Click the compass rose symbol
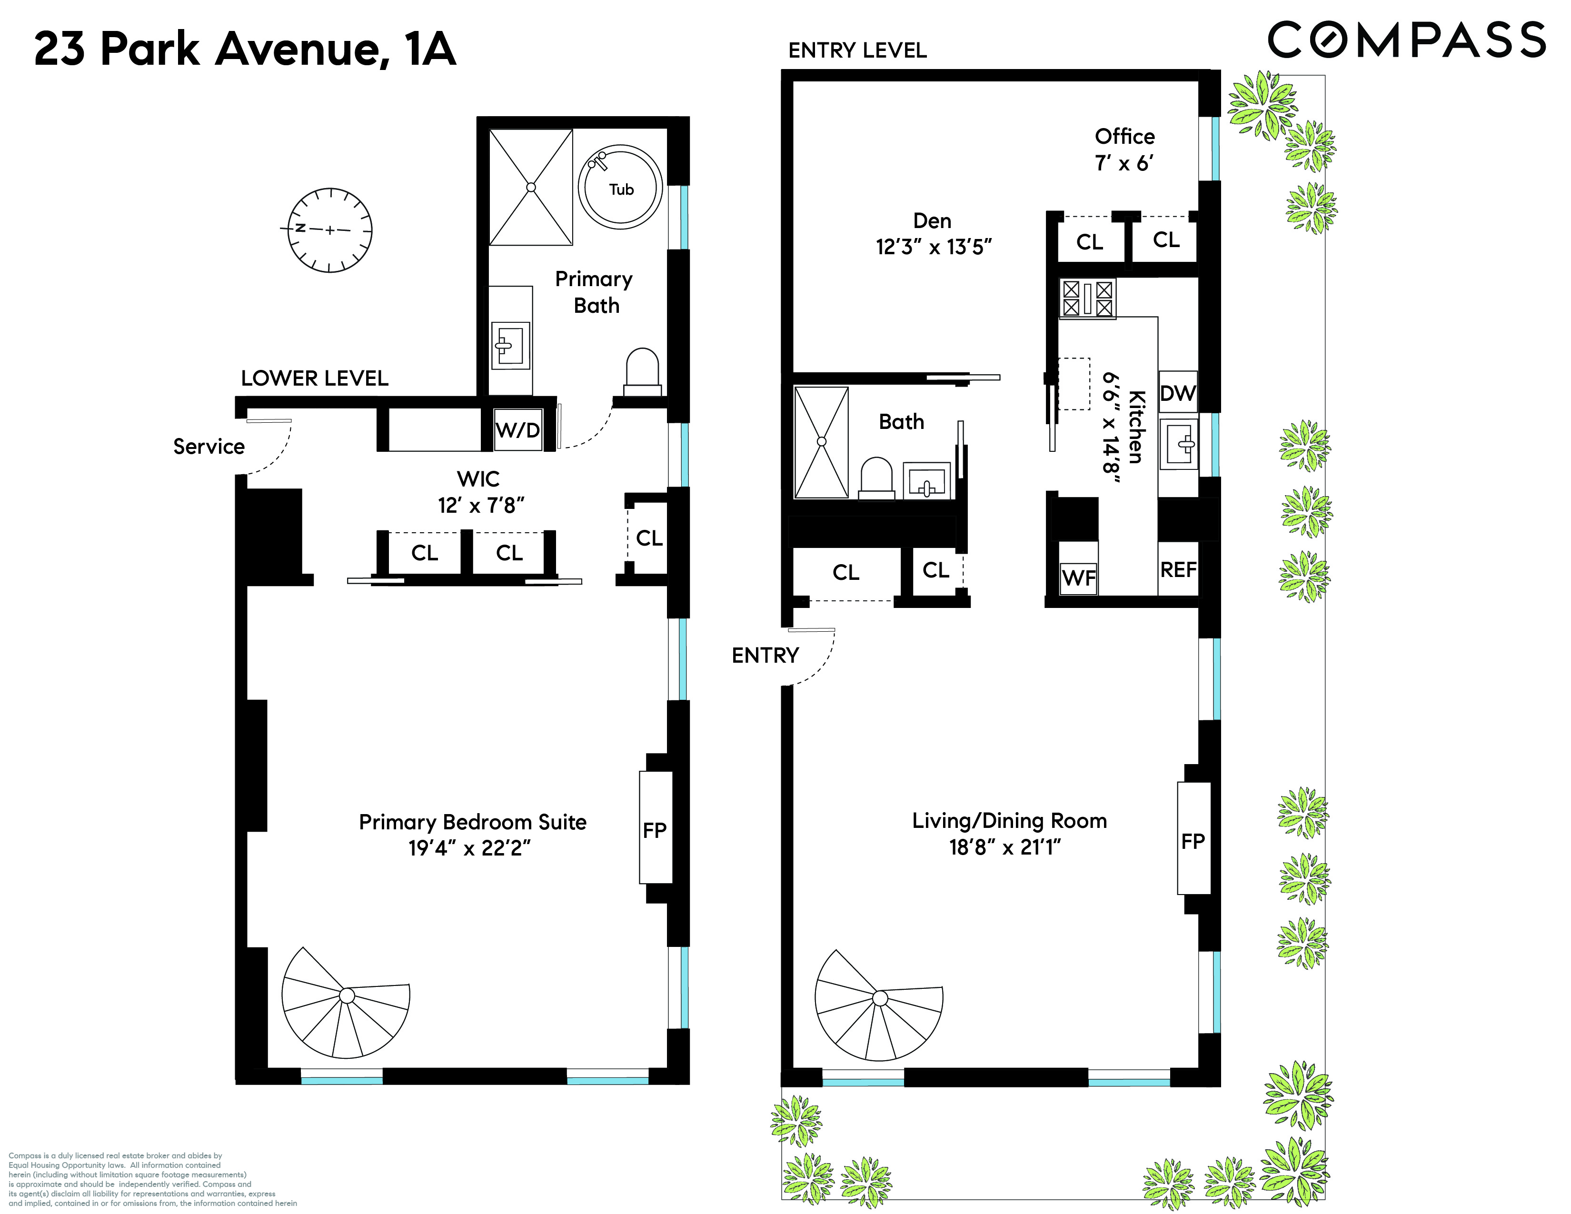tap(329, 230)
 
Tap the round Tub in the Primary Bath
tap(620, 189)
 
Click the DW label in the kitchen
tap(1177, 393)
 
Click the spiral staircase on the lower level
tap(346, 1001)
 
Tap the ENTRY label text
tap(765, 655)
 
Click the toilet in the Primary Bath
tap(642, 372)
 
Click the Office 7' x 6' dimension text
tap(1124, 163)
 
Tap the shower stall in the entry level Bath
tap(821, 442)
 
